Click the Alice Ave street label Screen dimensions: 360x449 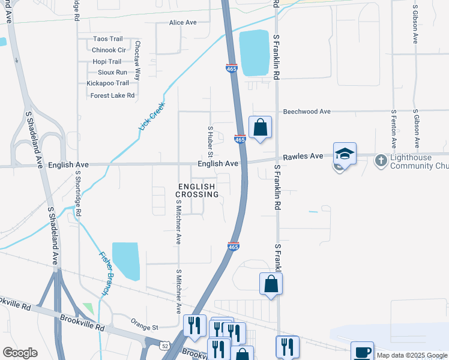tap(183, 22)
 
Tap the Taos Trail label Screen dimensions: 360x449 tap(107, 39)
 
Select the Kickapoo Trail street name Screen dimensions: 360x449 tap(107, 83)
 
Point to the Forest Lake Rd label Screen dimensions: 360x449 tap(112, 95)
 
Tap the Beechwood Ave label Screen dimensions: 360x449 tap(307, 112)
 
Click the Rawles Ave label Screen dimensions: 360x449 tap(304, 156)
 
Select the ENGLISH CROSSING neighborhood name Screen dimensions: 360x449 tap(197, 191)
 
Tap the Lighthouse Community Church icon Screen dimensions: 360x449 tap(381, 160)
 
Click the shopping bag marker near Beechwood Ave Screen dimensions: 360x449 tap(260, 127)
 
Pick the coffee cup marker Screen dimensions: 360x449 tap(362, 352)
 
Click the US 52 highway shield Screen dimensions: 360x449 tap(164, 346)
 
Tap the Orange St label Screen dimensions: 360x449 tap(145, 328)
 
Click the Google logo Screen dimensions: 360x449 tap(20, 353)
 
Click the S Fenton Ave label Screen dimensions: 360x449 tap(394, 129)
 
